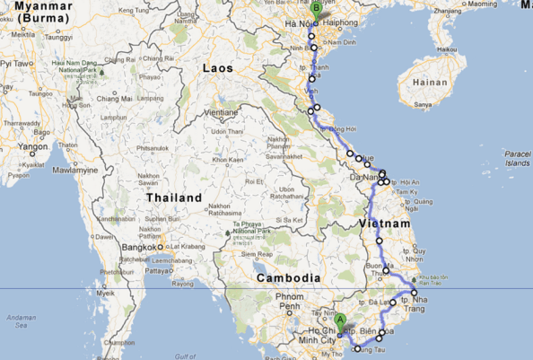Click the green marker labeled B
315,8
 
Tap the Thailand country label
175,198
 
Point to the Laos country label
218,67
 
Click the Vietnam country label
385,223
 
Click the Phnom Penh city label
290,302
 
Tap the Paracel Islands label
517,159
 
